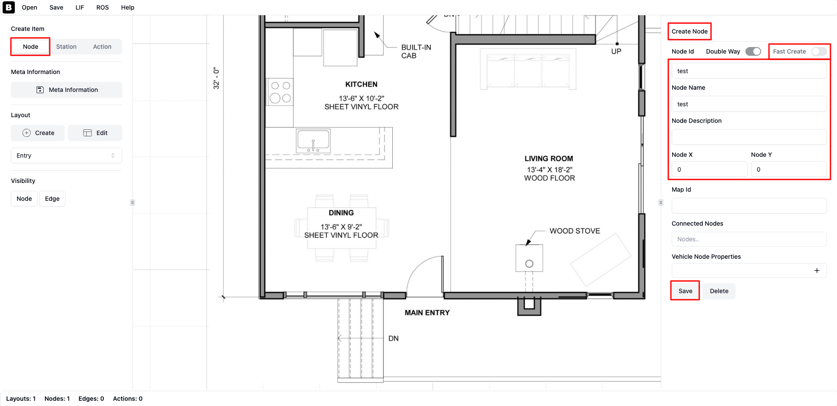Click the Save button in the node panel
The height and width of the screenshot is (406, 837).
point(685,291)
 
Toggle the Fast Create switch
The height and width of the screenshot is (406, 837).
point(819,51)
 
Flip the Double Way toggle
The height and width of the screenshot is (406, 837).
point(753,51)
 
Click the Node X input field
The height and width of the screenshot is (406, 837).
point(709,169)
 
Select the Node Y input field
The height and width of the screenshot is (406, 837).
point(789,169)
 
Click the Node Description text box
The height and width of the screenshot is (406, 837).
point(749,137)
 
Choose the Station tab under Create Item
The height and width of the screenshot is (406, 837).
point(66,47)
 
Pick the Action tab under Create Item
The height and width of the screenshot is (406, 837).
point(102,47)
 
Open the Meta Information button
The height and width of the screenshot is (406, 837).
point(66,90)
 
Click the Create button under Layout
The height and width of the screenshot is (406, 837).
point(38,133)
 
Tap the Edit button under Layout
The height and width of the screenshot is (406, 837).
point(95,133)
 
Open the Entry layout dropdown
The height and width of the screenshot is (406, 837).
point(66,156)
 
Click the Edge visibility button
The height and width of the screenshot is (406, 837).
point(52,199)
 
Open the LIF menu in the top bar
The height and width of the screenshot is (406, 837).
point(80,7)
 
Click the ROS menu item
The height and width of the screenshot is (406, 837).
point(102,7)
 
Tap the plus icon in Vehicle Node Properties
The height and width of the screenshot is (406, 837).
point(817,271)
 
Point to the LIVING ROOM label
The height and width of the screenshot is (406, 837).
point(549,159)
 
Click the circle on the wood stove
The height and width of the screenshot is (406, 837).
point(529,264)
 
